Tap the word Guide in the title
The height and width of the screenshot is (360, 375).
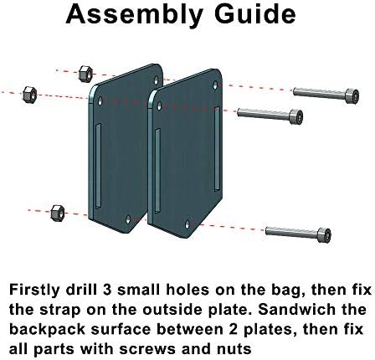tap(255, 14)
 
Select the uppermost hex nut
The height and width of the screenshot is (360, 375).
tap(85, 74)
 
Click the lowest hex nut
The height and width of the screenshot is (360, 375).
tap(58, 213)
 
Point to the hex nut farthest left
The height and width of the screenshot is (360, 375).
tap(29, 95)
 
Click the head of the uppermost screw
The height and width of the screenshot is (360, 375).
tap(352, 96)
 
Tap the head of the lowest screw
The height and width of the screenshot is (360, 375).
tap(324, 235)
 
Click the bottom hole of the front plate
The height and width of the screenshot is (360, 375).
tap(187, 224)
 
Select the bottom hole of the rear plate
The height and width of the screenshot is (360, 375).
tap(128, 219)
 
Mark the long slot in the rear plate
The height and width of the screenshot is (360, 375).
tap(98, 166)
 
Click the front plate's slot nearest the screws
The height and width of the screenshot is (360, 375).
tap(217, 149)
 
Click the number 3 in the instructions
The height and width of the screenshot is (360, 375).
tap(107, 291)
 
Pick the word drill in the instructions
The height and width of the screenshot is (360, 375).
tap(81, 290)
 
